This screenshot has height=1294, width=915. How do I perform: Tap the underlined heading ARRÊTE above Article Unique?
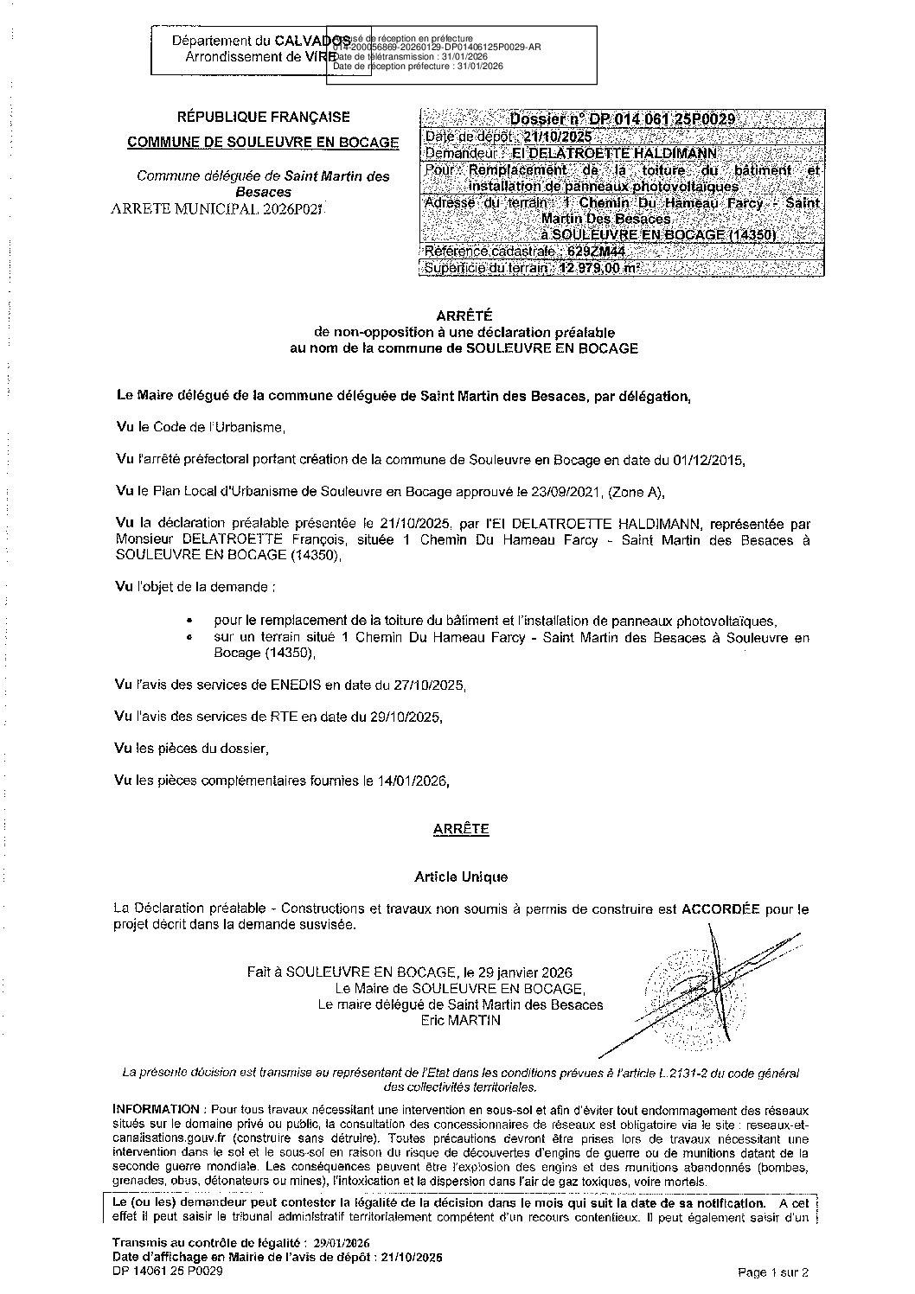pyautogui.click(x=461, y=829)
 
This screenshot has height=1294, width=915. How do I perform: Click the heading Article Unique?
pyautogui.click(x=461, y=876)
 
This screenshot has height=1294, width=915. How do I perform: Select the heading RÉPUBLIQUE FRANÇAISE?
pyautogui.click(x=264, y=118)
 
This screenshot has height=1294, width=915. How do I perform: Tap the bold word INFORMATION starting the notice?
pyautogui.click(x=157, y=1109)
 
